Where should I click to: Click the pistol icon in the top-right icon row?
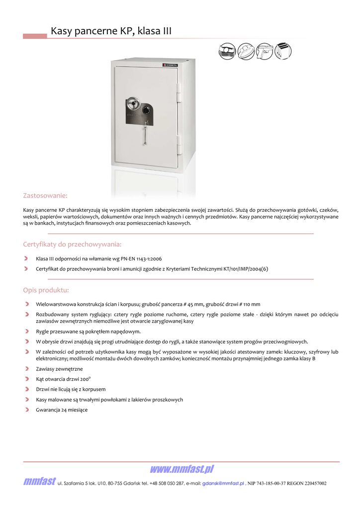(x=265, y=51)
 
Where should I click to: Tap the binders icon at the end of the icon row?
(x=283, y=51)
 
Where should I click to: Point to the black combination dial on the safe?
(x=146, y=109)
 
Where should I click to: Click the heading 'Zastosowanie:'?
(x=45, y=195)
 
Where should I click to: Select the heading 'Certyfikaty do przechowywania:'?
(x=72, y=244)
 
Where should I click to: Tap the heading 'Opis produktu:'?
(x=46, y=290)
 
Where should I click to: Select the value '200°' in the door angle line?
(x=84, y=379)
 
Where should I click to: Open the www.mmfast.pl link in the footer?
(x=181, y=470)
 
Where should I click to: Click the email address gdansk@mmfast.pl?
(x=223, y=483)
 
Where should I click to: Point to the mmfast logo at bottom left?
(x=39, y=482)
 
